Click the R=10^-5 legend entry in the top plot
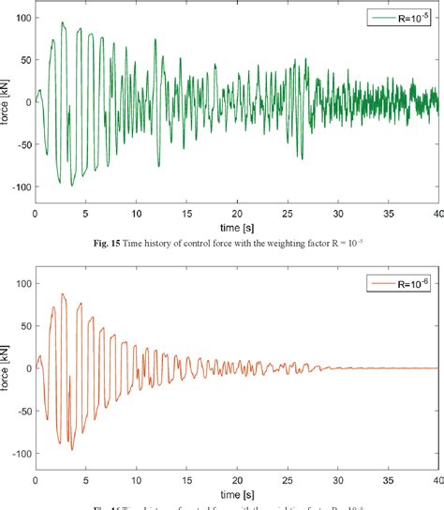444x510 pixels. click(x=408, y=18)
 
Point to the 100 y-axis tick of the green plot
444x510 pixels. click(x=21, y=18)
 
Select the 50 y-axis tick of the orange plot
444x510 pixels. click(x=23, y=325)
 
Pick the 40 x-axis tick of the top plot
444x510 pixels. click(x=437, y=214)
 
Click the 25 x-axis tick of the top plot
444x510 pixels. click(x=287, y=214)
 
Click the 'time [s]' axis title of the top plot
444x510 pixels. click(x=236, y=227)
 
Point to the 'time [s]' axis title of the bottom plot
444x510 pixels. click(x=236, y=493)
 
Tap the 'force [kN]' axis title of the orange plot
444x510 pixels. click(x=7, y=367)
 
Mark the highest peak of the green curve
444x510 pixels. click(x=63, y=22)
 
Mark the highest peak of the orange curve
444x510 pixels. click(x=63, y=294)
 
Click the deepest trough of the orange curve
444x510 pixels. click(x=71, y=449)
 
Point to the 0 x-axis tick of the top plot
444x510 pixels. click(x=36, y=214)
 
